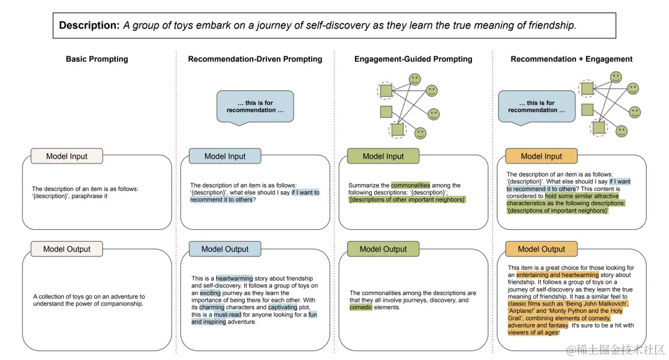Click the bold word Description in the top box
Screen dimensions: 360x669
tap(89, 25)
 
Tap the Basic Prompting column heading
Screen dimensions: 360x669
tap(97, 59)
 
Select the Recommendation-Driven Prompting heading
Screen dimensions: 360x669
tap(255, 59)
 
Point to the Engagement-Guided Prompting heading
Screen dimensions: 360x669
tap(413, 59)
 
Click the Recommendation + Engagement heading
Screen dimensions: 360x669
tap(571, 59)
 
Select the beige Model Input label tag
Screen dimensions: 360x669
tap(67, 156)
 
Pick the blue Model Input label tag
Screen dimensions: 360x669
tap(225, 156)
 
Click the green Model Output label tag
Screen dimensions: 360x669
tap(383, 249)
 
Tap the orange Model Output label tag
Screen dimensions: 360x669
tap(541, 249)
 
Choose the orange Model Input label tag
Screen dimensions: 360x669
tap(541, 156)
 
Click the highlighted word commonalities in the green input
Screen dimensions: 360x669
tap(410, 185)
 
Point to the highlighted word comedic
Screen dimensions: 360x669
tap(361, 307)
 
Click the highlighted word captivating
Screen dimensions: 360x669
tap(283, 307)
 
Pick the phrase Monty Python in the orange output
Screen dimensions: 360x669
tap(556, 311)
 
